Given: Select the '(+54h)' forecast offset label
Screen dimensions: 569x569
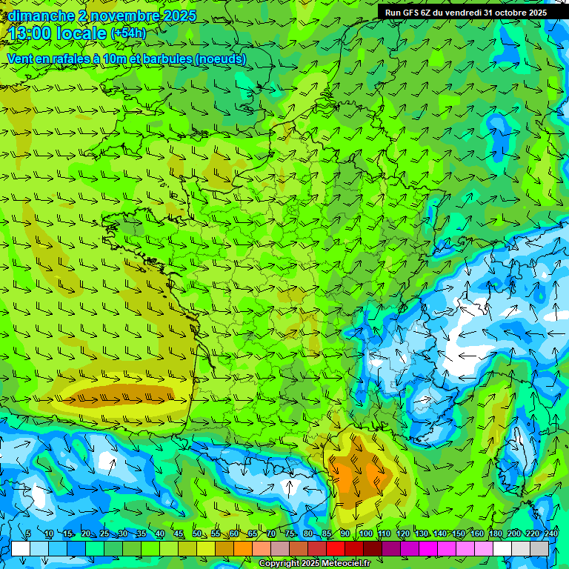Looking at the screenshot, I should click(x=127, y=33).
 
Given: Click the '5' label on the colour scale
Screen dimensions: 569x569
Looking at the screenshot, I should click(x=28, y=533).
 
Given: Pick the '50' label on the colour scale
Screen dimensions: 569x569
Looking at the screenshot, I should click(x=197, y=533).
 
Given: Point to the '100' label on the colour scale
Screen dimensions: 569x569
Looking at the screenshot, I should click(x=365, y=533).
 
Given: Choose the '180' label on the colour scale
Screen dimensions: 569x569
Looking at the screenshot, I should click(x=494, y=533).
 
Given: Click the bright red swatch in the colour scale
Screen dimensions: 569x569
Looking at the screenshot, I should click(x=336, y=548).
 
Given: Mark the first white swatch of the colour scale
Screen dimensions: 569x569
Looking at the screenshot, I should click(x=21, y=548).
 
